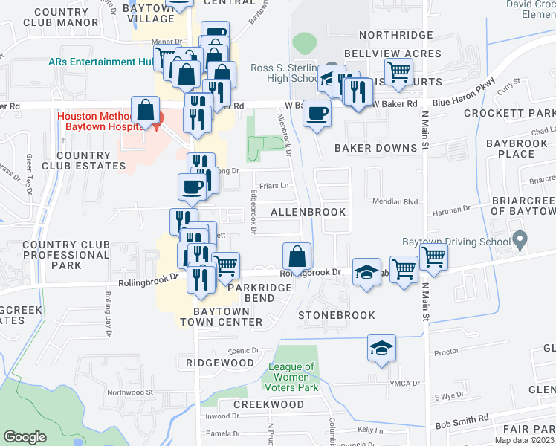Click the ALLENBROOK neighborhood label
pos(308,213)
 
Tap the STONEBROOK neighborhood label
pos(336,315)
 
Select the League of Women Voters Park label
pos(295,377)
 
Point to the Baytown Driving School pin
pos(520,241)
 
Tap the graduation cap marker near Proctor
pos(381,349)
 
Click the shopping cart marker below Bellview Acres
pos(399,72)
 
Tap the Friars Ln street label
pos(273,184)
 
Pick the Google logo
pos(25,437)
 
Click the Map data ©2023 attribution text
pos(523,440)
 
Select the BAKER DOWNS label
pos(375,148)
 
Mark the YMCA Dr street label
pos(406,384)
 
